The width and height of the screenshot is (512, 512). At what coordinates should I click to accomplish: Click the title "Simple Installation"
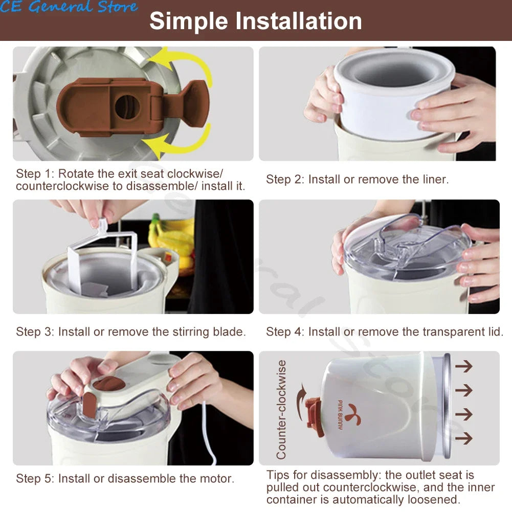coord(256,21)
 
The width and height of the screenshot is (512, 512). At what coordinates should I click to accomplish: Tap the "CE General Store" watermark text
coord(69,7)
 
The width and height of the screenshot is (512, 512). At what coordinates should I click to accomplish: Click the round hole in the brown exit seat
coord(127,107)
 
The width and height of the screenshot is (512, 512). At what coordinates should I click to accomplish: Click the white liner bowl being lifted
coord(393,95)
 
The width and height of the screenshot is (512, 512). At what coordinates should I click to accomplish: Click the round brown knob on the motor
coord(109,383)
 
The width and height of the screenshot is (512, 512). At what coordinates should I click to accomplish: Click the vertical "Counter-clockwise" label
coord(281,410)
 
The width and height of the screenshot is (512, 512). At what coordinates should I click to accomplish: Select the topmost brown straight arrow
coord(464,366)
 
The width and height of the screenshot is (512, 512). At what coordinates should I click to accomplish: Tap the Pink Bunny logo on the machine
coord(349,415)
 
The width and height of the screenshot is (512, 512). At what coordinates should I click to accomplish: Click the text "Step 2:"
coord(285,179)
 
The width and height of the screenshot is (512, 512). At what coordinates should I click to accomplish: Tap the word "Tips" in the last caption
coord(278,475)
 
